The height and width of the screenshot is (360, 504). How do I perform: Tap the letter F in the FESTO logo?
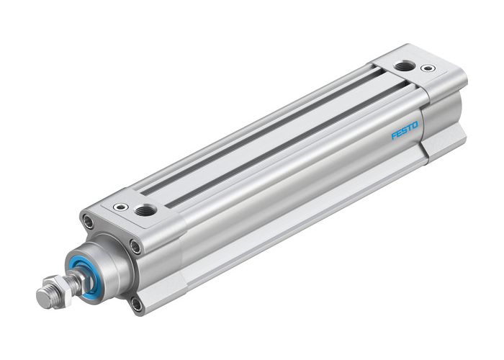pos(394,135)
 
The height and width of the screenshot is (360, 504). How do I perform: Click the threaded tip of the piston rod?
pos(44,294)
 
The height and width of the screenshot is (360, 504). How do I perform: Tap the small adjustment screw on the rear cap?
pos(430,69)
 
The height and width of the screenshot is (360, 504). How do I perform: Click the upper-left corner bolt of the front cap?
pos(86,222)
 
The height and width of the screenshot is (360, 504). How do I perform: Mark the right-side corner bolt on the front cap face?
pos(136,247)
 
